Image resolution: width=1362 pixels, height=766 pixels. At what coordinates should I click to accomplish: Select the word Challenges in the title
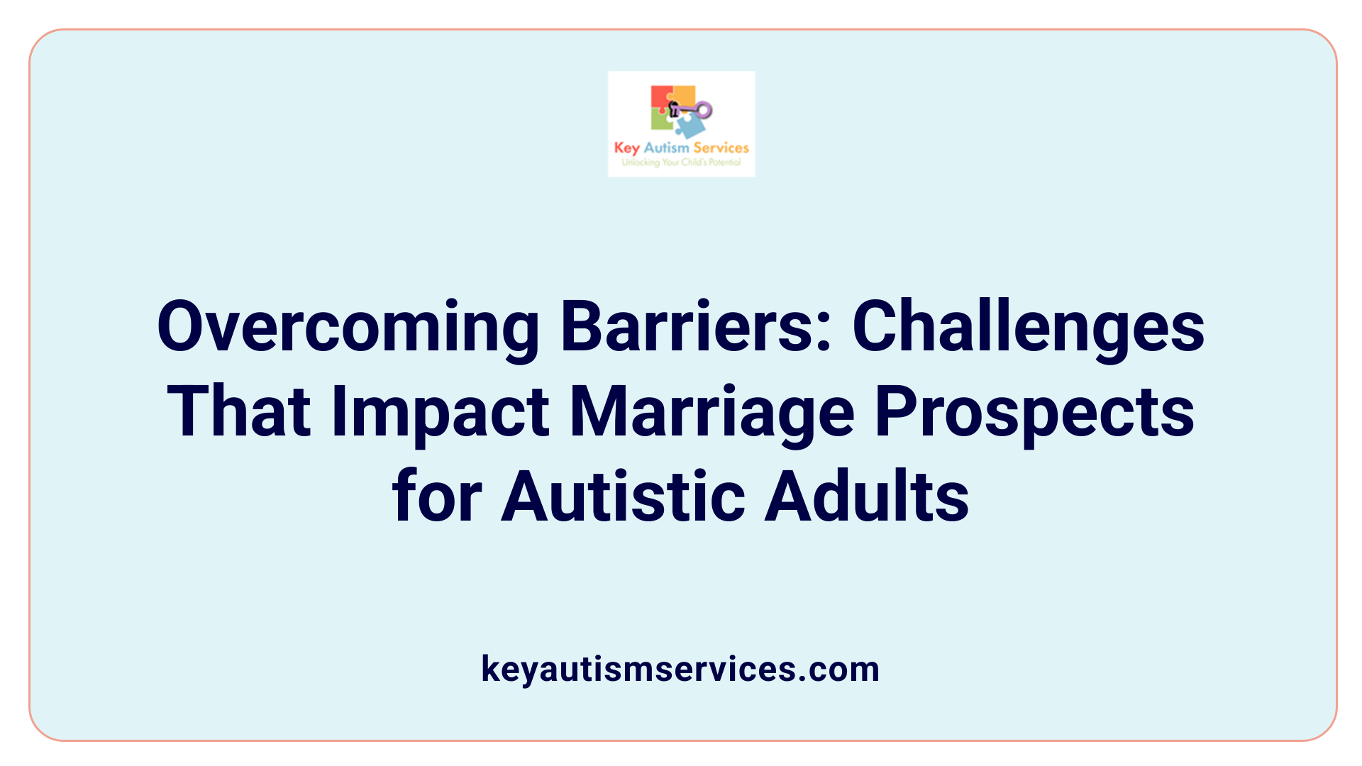1028,328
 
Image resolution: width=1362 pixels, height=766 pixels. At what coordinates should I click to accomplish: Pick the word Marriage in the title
712,413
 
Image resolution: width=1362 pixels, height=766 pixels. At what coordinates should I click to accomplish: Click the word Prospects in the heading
1034,413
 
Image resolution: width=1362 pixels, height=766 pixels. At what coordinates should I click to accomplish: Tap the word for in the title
437,496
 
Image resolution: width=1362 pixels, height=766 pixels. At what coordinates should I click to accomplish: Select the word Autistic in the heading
623,496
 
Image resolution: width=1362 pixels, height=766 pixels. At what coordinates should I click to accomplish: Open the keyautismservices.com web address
680,669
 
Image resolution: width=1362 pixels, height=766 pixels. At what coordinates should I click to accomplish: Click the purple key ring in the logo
703,110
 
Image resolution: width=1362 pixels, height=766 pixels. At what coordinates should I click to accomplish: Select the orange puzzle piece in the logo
684,96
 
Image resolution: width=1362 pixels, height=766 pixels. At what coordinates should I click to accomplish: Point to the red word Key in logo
626,148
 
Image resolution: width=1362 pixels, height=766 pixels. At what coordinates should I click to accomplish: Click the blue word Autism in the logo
666,148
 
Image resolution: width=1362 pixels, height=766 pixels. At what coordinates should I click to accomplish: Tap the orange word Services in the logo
721,148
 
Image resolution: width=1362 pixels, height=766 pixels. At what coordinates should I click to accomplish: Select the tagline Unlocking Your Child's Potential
681,162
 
